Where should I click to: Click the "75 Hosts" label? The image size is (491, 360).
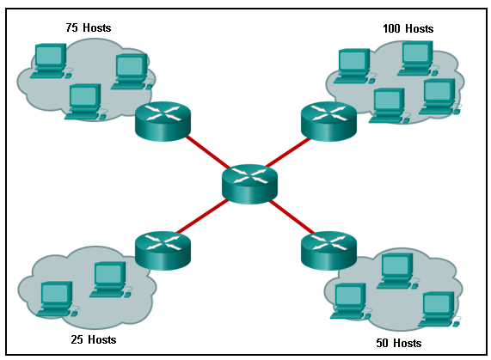point(88,27)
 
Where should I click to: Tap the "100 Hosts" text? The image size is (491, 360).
point(408,28)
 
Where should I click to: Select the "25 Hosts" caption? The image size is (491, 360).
point(93,339)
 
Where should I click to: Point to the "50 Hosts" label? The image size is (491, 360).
point(399,343)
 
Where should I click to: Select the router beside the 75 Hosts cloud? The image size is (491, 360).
point(163,120)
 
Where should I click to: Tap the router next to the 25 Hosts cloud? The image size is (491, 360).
point(163,249)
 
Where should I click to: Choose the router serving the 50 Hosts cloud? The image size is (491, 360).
point(328,250)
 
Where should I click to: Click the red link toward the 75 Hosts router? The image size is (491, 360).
point(206,152)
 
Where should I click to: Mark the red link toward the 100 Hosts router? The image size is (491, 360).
point(288,152)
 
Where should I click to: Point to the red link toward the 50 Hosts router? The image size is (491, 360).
point(288,216)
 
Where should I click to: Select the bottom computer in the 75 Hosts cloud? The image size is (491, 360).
point(85,101)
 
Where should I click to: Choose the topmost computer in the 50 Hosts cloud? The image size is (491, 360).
point(396,270)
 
